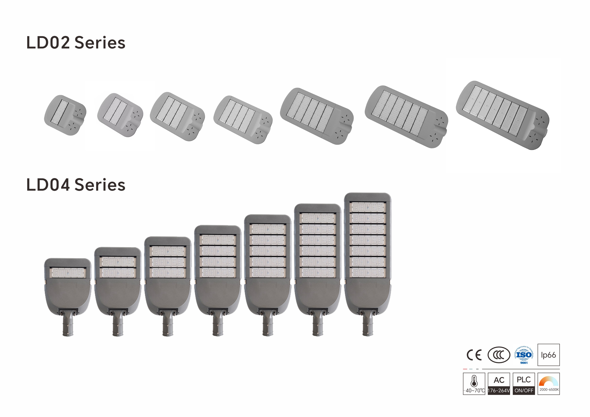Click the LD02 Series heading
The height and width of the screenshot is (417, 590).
click(76, 43)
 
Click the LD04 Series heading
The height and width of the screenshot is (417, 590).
click(76, 185)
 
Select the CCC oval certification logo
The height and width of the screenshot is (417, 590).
click(499, 355)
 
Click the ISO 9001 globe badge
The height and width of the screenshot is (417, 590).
click(524, 355)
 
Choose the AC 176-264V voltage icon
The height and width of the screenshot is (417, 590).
click(499, 384)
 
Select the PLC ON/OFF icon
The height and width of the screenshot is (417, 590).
click(524, 384)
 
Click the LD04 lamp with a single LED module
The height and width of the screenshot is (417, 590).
click(68, 288)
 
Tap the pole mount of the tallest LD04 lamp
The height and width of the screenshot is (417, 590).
click(368, 326)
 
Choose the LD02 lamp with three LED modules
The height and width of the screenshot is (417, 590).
click(177, 116)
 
